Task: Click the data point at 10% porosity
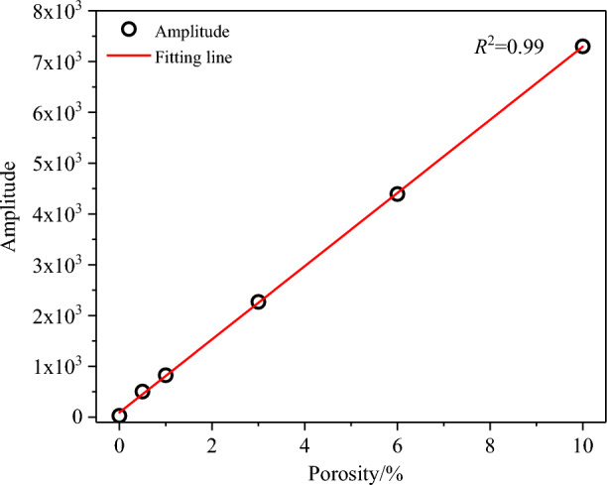pos(582,47)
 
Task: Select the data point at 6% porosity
pos(397,194)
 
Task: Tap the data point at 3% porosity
pos(258,302)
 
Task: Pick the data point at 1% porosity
pos(166,375)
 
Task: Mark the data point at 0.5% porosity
pos(142,392)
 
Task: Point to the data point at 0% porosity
pos(119,416)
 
